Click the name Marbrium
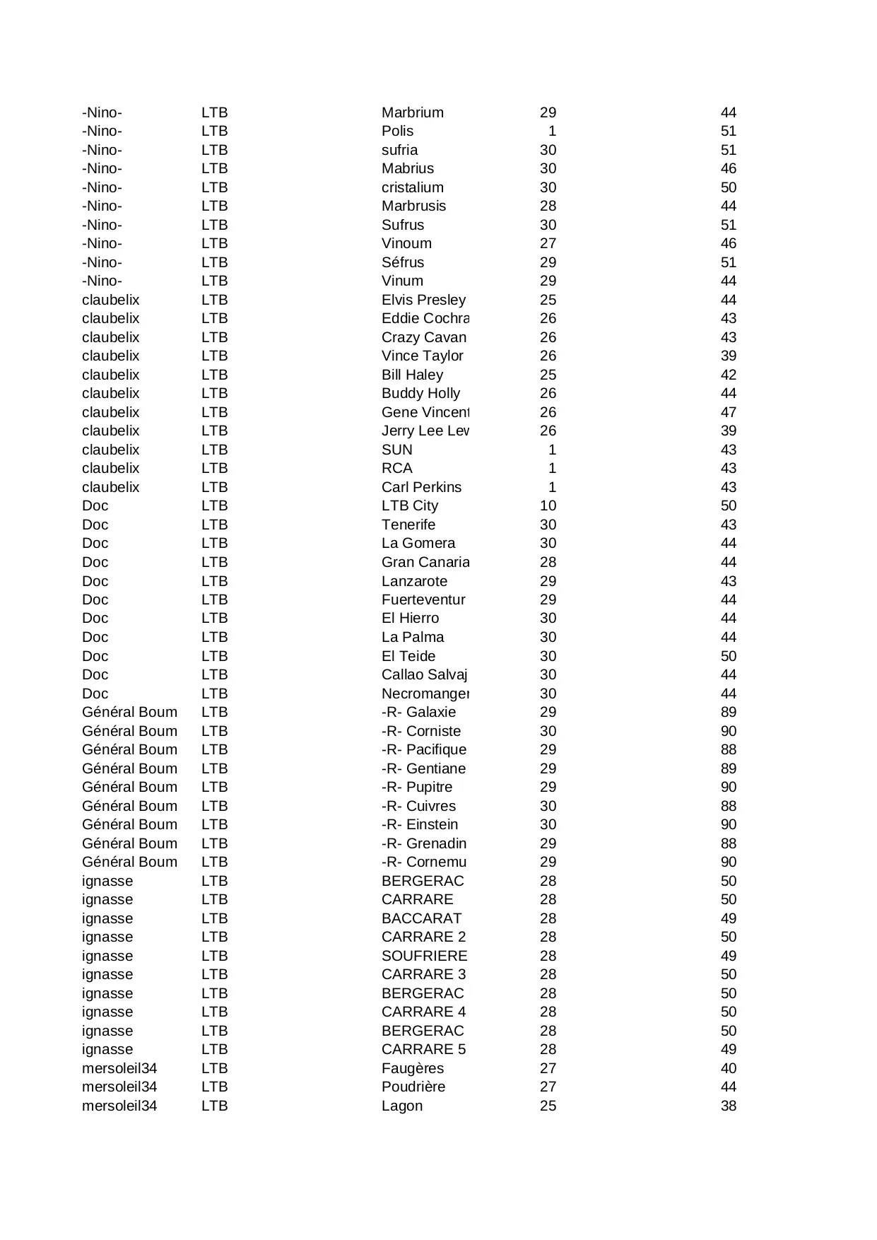click(x=413, y=112)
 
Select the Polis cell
click(x=397, y=131)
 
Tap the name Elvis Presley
click(x=423, y=300)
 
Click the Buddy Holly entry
click(x=420, y=393)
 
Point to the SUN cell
click(x=396, y=450)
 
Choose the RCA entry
click(x=396, y=468)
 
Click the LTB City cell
click(x=410, y=505)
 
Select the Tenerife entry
click(x=408, y=525)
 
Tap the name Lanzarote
click(x=414, y=581)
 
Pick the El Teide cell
click(x=408, y=656)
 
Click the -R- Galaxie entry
click(x=418, y=712)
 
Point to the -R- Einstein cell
click(x=420, y=824)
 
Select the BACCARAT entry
click(x=421, y=918)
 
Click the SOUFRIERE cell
click(x=424, y=956)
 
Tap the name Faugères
click(x=413, y=1068)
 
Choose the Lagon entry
click(x=402, y=1106)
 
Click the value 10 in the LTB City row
click(x=548, y=505)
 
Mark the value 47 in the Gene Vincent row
click(x=729, y=412)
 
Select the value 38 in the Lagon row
click(x=729, y=1106)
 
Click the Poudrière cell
click(x=413, y=1087)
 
